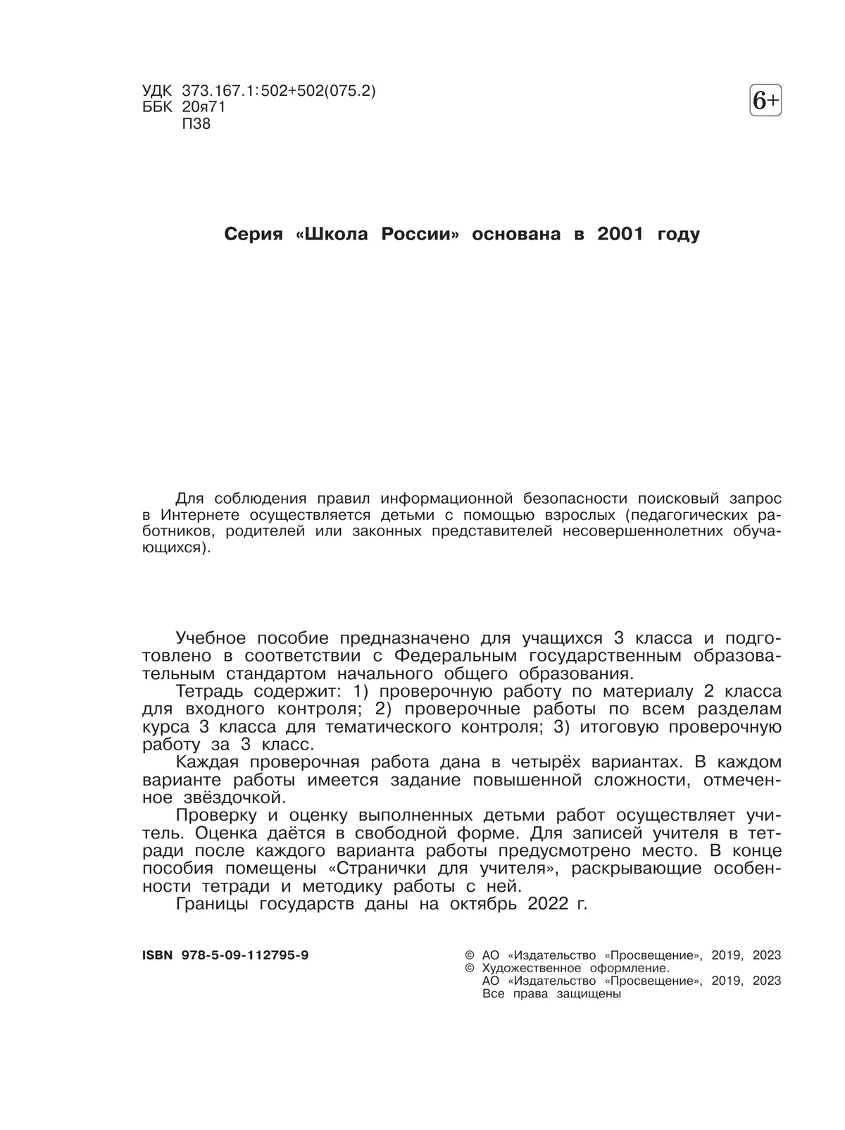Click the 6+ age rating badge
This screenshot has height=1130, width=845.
coord(766,101)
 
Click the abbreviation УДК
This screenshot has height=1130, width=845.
coord(156,91)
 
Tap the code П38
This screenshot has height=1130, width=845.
coord(196,124)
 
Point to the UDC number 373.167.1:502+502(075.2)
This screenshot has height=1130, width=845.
coord(279,91)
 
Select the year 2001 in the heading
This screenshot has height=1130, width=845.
coord(620,235)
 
